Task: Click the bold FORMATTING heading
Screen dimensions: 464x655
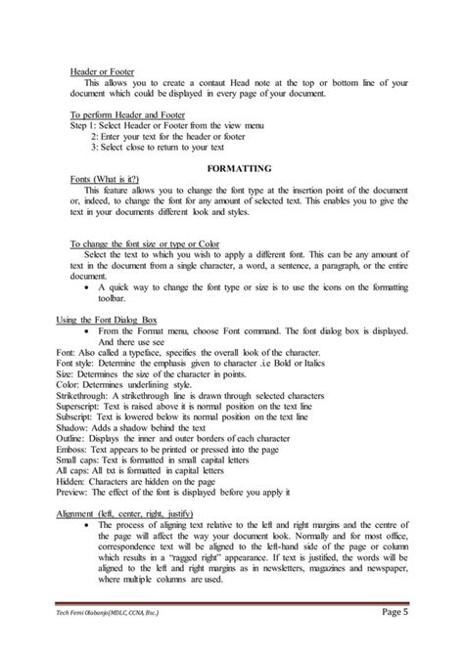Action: [232, 169]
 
